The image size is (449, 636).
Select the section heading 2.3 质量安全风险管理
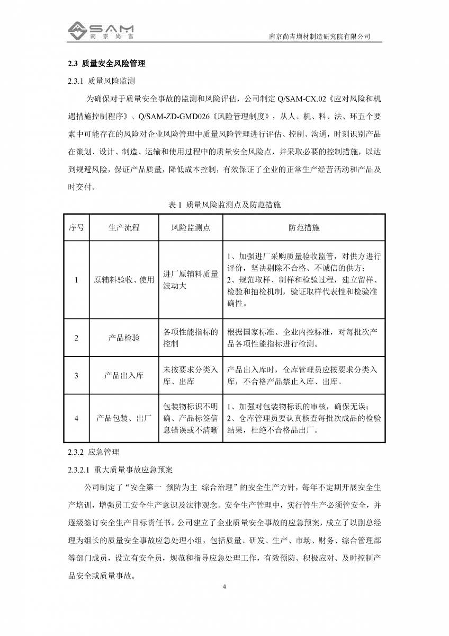coord(106,64)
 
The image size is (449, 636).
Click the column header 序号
coord(76,227)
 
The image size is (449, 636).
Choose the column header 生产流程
coord(124,227)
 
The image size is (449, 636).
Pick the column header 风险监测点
coord(191,227)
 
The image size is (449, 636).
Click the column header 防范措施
coord(304,227)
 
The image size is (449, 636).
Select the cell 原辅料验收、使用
coord(124,279)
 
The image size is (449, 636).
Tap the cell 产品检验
coord(124,338)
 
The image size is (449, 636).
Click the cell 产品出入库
coord(124,375)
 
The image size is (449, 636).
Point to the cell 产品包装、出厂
coord(124,418)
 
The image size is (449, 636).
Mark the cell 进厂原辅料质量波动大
coord(191,279)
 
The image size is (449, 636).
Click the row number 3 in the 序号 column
coord(76,375)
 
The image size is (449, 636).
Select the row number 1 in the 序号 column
coord(76,279)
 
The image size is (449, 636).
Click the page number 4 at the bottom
coord(224,587)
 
